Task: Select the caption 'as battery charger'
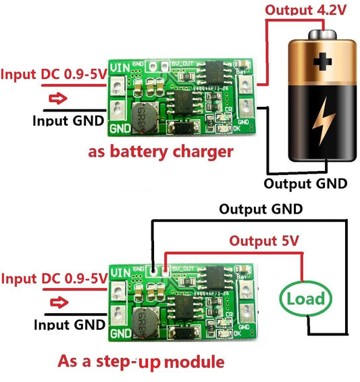[x=161, y=151]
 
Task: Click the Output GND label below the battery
[x=305, y=183]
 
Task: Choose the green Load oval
[x=304, y=298]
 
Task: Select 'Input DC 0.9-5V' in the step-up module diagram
[x=53, y=278]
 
